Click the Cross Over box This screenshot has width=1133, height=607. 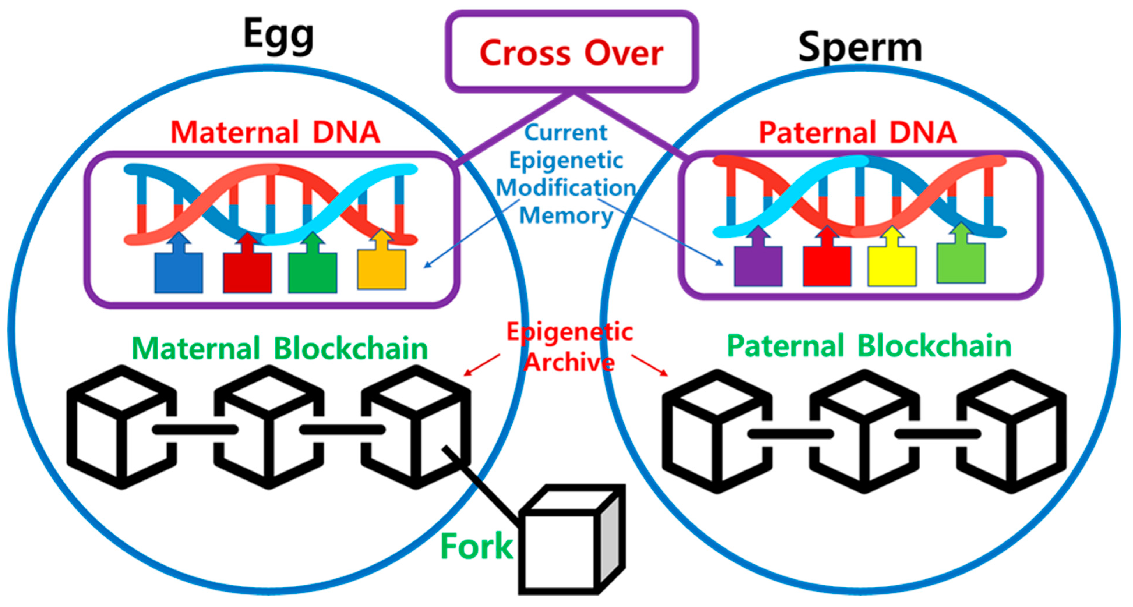(571, 52)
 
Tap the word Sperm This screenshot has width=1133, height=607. (860, 47)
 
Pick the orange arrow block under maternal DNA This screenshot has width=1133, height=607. (381, 266)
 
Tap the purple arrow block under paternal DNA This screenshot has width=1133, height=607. (758, 264)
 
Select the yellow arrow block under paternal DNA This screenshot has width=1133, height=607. (892, 264)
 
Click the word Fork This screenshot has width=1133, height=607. (476, 546)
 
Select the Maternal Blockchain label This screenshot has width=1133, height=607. (280, 348)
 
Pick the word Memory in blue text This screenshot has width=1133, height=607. (566, 216)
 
